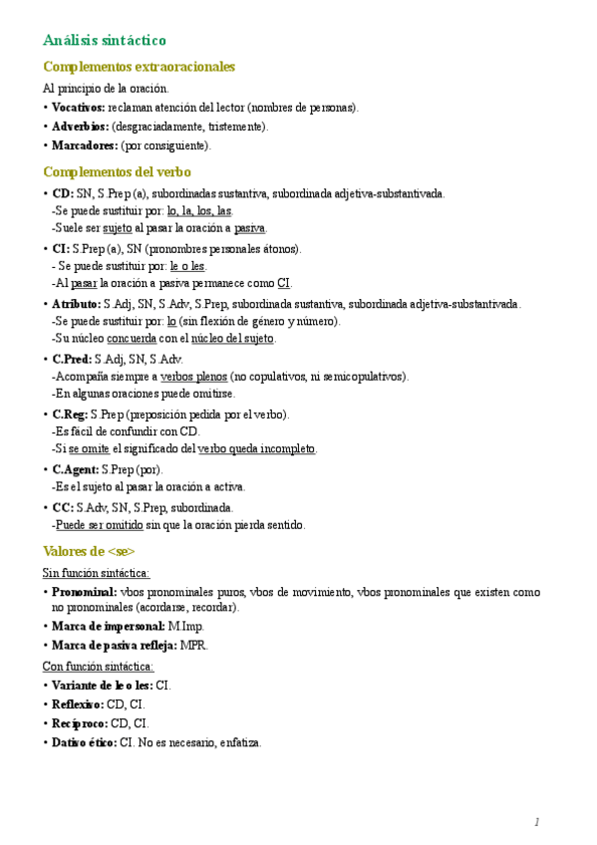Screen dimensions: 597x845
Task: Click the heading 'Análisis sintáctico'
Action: coord(104,40)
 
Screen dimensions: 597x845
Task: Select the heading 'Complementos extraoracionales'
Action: coord(139,67)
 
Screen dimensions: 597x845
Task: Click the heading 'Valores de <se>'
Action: coord(89,551)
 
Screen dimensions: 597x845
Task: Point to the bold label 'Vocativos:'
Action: coord(79,108)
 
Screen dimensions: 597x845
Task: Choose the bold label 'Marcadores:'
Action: coord(84,145)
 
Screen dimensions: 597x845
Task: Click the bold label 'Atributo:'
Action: coord(76,304)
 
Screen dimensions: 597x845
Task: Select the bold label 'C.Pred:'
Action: coord(72,359)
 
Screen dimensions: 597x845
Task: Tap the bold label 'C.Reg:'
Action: coord(70,414)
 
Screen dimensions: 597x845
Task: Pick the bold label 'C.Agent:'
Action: coord(76,469)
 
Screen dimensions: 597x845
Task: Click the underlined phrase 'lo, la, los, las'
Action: coord(200,211)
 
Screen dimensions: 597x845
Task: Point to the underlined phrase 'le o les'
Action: coord(187,266)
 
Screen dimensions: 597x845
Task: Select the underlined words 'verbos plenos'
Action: coord(193,377)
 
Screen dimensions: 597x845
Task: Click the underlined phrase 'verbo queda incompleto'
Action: coord(257,449)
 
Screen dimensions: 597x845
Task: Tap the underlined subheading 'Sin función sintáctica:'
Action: coord(96,573)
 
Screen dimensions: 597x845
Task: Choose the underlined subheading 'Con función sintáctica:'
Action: coord(98,667)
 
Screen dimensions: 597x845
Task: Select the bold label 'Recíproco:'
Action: coord(78,723)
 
